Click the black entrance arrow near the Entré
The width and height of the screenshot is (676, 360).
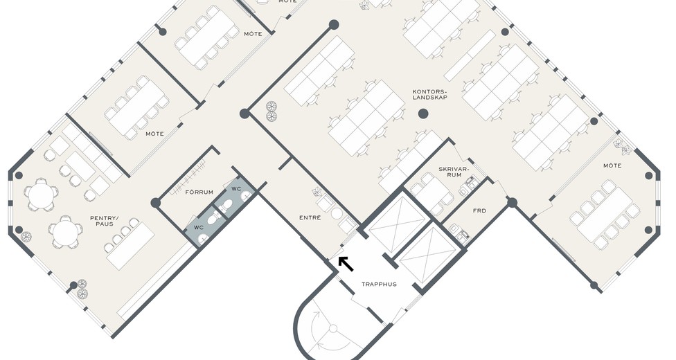point(346,264)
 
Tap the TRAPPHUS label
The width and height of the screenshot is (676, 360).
point(379,284)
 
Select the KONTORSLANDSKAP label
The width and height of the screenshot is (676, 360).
point(430,94)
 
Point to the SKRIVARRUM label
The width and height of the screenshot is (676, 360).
point(453,172)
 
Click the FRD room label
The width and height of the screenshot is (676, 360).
point(479,211)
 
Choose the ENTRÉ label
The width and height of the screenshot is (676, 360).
point(310,217)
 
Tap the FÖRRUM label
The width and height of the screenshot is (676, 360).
point(199,192)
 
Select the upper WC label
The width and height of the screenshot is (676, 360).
point(236,189)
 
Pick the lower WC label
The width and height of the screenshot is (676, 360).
point(198,227)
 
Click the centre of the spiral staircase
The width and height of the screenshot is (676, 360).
point(333,330)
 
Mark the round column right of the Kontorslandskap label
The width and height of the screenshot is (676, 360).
point(423,114)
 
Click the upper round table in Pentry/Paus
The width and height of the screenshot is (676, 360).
point(40,195)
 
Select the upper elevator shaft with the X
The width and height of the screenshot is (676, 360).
point(392,224)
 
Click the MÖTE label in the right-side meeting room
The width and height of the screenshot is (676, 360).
point(612,165)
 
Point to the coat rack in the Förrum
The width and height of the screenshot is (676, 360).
point(189,177)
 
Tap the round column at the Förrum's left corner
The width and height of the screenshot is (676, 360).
point(156,203)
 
